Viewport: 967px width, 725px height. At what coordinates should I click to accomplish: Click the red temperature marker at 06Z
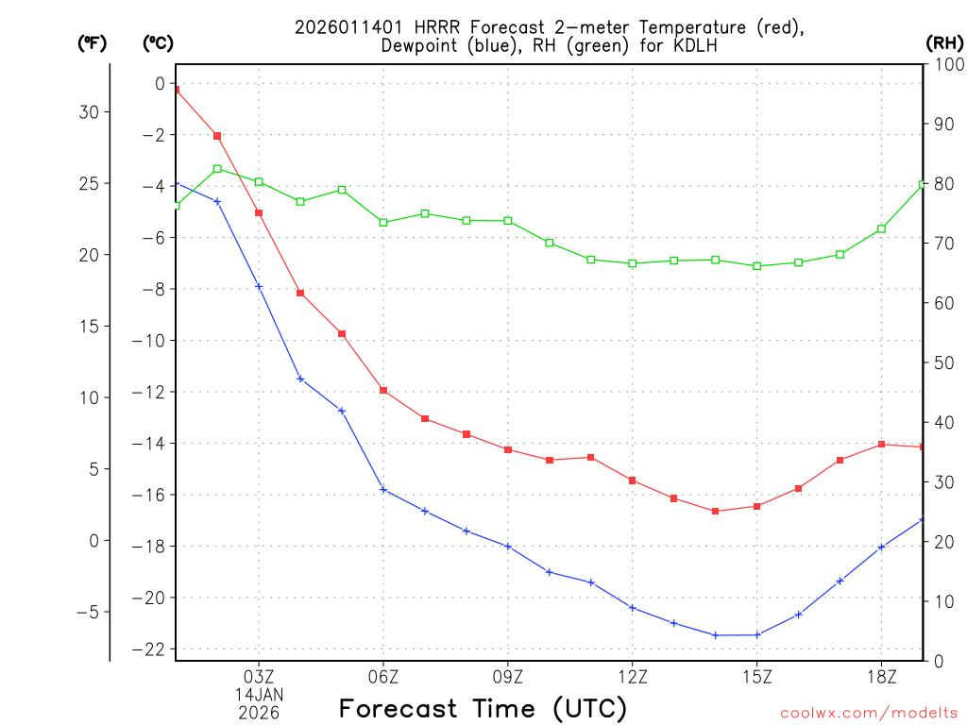pyautogui.click(x=383, y=390)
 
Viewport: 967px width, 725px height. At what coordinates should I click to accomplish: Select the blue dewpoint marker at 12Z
pyautogui.click(x=633, y=607)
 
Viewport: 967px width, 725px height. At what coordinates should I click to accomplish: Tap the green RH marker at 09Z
pyautogui.click(x=508, y=221)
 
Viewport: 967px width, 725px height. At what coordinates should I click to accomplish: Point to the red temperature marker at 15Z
pyautogui.click(x=756, y=506)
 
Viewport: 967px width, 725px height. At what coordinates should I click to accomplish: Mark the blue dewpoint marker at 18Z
pyautogui.click(x=881, y=547)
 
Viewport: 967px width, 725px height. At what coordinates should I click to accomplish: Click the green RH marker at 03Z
pyautogui.click(x=259, y=181)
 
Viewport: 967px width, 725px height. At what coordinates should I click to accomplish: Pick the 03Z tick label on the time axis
pyautogui.click(x=259, y=676)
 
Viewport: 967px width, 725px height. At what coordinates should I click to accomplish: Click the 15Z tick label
pyautogui.click(x=756, y=676)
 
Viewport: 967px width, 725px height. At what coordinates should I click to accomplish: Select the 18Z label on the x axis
pyautogui.click(x=881, y=676)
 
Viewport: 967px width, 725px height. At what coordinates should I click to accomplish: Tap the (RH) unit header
pyautogui.click(x=944, y=42)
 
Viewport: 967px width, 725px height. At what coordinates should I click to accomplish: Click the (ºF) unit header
pyautogui.click(x=93, y=42)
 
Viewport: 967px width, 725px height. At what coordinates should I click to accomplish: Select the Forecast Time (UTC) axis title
pyautogui.click(x=483, y=708)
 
